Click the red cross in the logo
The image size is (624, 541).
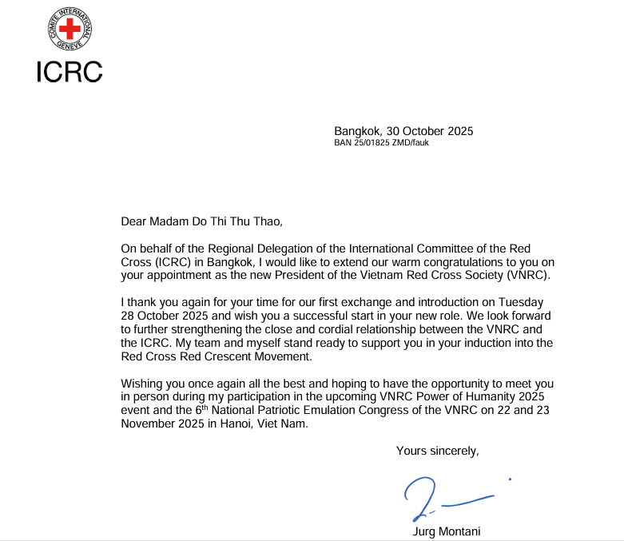click(70, 30)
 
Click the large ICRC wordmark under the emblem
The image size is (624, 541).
click(70, 71)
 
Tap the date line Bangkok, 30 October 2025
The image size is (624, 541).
click(403, 131)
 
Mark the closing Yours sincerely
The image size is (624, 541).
click(437, 451)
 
